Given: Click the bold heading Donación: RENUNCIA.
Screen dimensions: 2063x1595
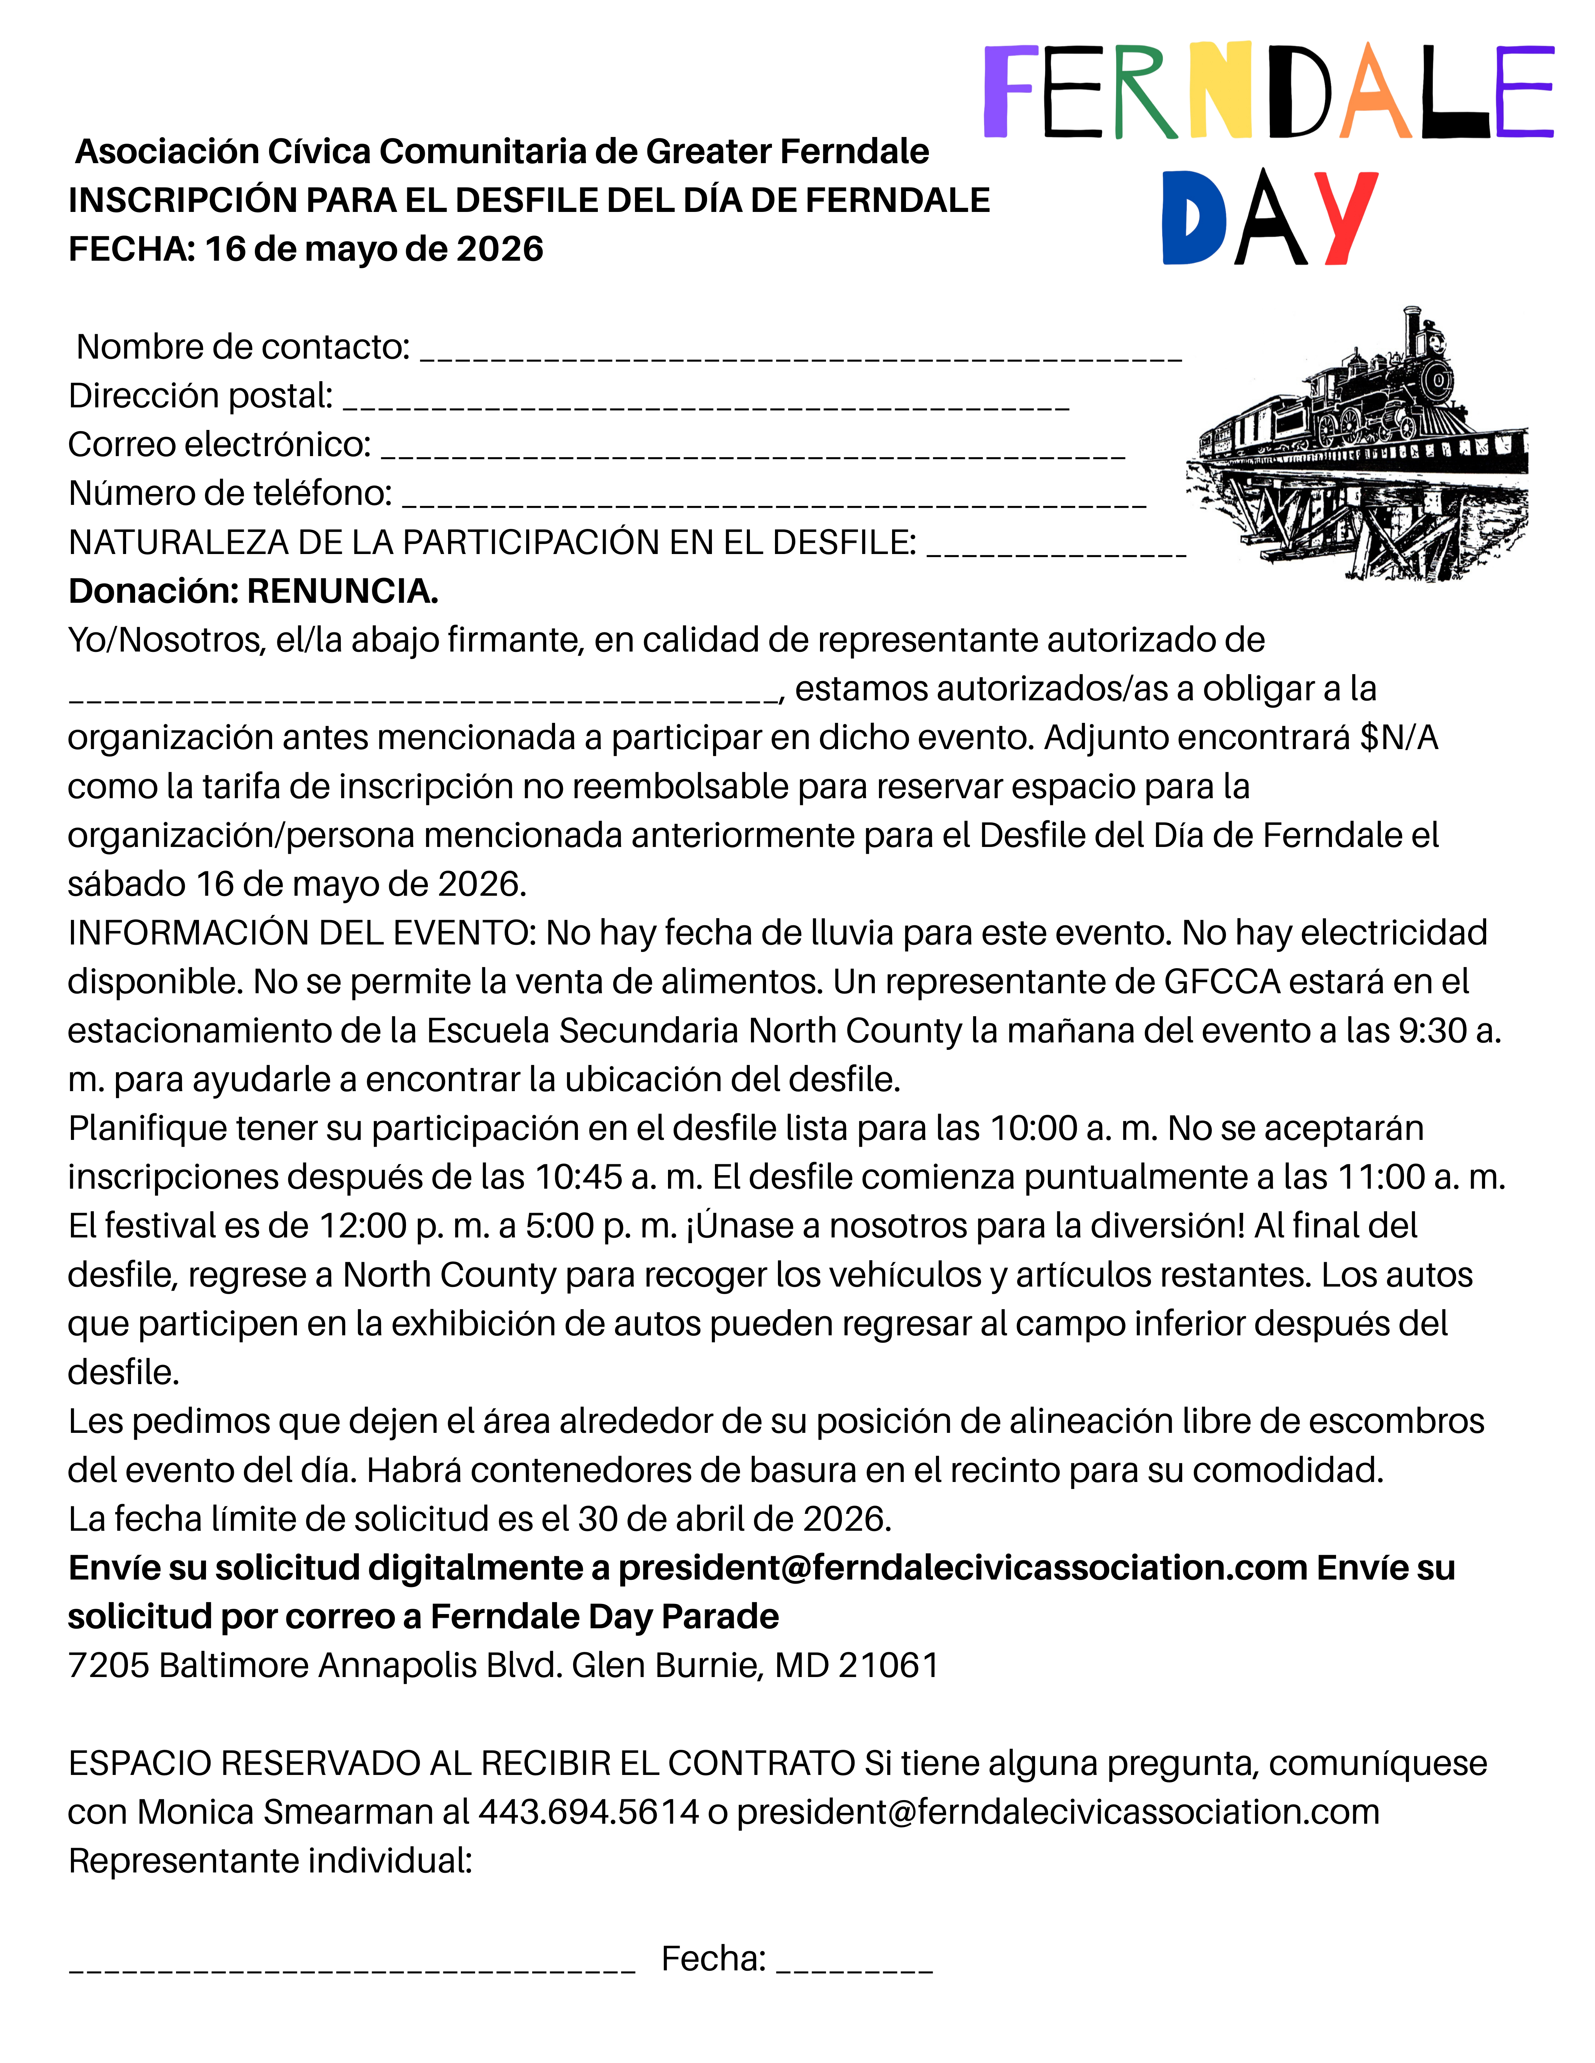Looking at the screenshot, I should [x=253, y=591].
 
